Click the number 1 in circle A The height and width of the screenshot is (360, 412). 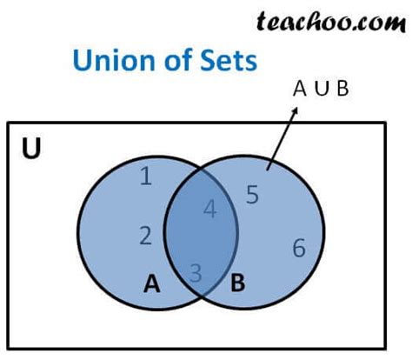point(146,177)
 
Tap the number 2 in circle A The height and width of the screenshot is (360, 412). point(146,235)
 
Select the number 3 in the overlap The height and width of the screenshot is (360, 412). point(196,273)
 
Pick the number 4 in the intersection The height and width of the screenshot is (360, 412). point(209,210)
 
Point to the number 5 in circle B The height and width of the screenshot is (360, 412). point(252,195)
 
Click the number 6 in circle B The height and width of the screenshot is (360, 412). point(298,248)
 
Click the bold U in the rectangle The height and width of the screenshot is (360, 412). point(32,150)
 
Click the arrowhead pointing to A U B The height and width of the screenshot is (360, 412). point(297,110)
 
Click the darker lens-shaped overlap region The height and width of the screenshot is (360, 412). point(201,235)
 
